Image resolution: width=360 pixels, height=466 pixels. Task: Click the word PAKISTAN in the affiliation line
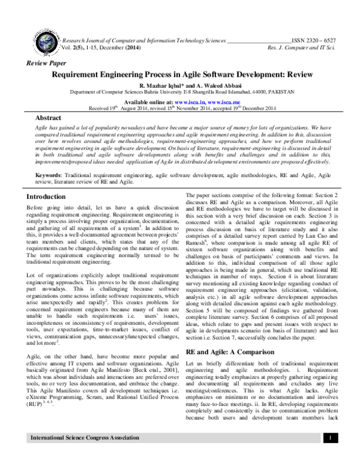(x=281, y=92)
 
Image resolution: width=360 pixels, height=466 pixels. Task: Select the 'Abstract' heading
(x=49, y=118)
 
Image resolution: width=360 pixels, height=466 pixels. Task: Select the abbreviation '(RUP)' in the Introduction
(x=35, y=404)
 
